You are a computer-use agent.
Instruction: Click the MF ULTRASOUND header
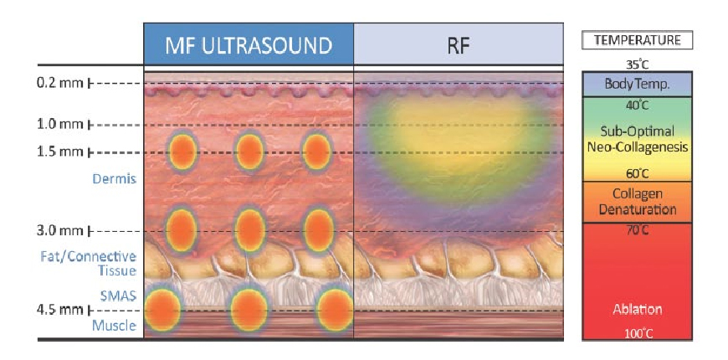[x=248, y=44]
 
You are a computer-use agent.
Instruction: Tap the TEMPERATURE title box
[x=638, y=40]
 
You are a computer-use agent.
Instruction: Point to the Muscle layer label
[x=115, y=326]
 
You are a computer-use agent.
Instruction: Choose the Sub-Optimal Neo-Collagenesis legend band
[x=638, y=140]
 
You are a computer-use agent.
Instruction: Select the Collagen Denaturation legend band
[x=638, y=201]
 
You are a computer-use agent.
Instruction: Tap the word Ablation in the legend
[x=638, y=309]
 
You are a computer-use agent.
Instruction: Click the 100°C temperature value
[x=638, y=333]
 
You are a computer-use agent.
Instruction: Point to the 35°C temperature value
[x=638, y=63]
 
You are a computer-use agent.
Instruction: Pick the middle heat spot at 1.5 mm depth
[x=249, y=152]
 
